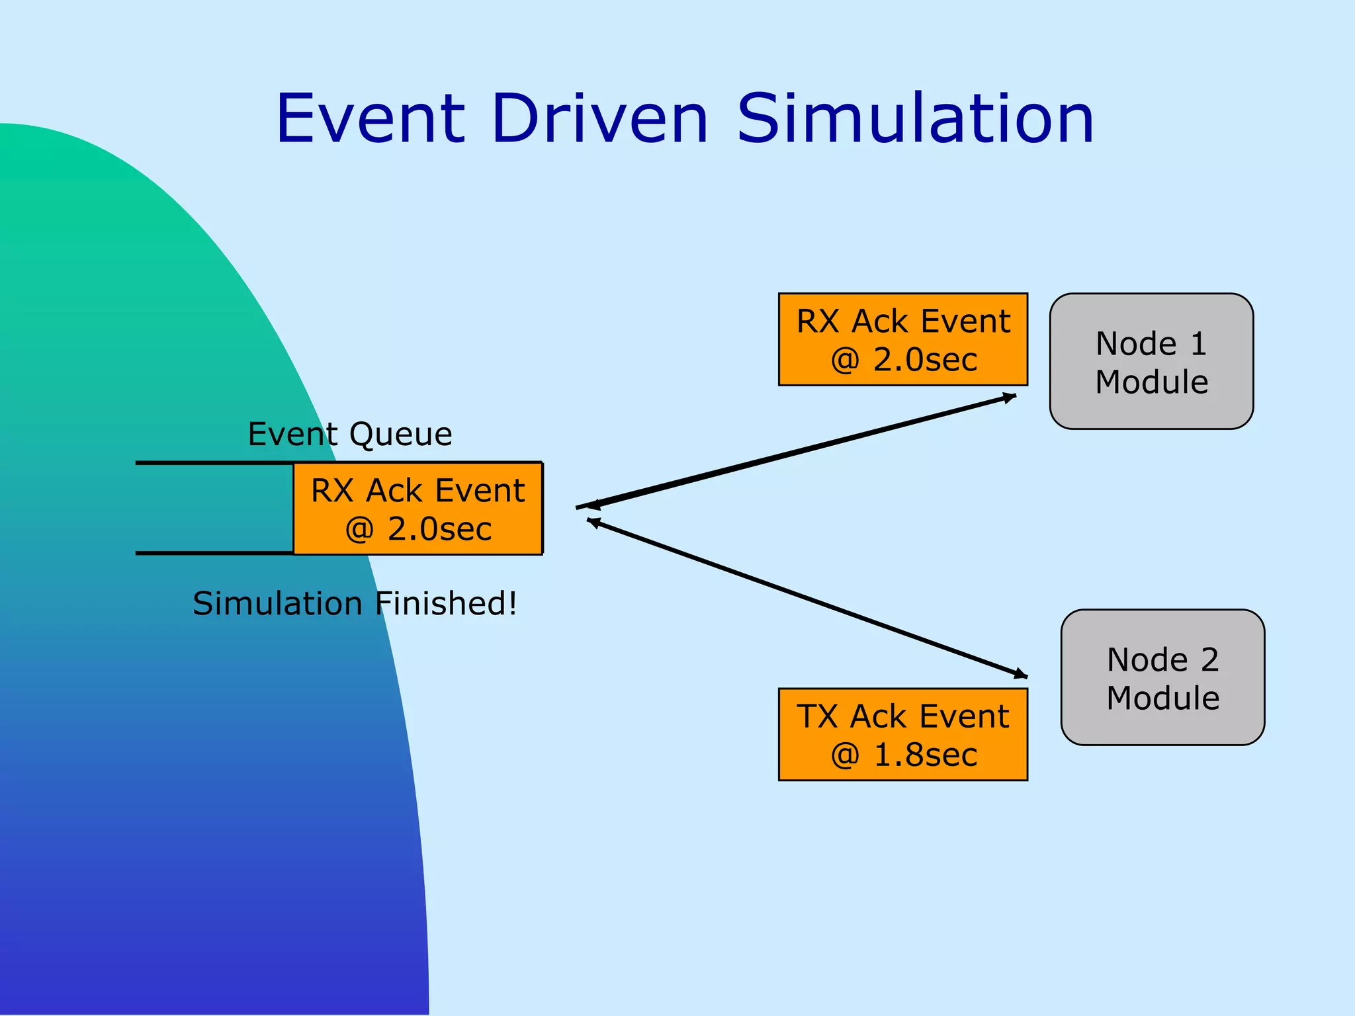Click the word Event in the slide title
(371, 119)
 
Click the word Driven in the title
(600, 119)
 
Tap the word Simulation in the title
(915, 119)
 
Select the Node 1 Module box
(1151, 361)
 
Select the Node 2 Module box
(1162, 677)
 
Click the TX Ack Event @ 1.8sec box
(902, 734)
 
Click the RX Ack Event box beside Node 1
(902, 339)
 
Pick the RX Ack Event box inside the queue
(417, 508)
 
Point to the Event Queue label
(350, 434)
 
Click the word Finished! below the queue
(446, 603)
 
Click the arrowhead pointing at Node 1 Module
(1010, 397)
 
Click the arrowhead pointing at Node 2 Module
(1021, 675)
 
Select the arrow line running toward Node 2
(807, 599)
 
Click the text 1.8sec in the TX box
(926, 755)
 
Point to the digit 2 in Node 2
(1209, 659)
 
